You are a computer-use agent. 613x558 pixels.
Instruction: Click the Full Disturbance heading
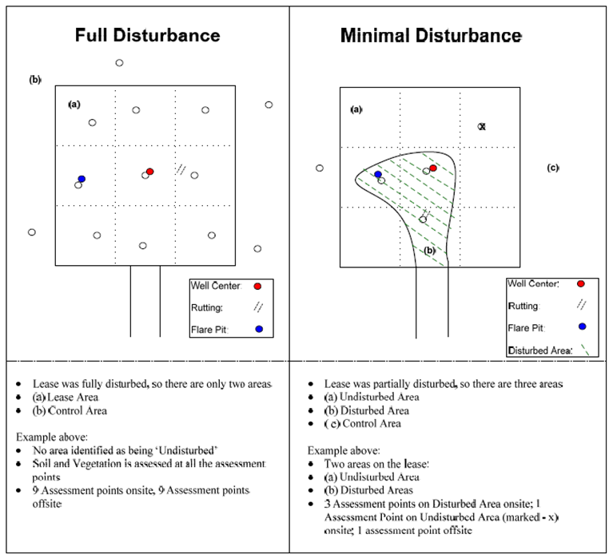pyautogui.click(x=147, y=36)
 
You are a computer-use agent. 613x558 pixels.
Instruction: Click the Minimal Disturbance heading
pyautogui.click(x=431, y=36)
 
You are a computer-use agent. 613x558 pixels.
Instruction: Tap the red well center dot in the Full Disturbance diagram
pyautogui.click(x=150, y=172)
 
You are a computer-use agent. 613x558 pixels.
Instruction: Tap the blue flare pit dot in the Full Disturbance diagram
pyautogui.click(x=82, y=179)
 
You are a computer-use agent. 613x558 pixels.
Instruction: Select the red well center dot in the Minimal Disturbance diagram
pyautogui.click(x=433, y=168)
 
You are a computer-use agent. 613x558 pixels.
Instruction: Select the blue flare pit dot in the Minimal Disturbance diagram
pyautogui.click(x=378, y=173)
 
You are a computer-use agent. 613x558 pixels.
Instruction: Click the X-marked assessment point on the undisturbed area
pyautogui.click(x=482, y=126)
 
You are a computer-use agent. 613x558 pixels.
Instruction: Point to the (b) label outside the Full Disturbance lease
pyautogui.click(x=35, y=80)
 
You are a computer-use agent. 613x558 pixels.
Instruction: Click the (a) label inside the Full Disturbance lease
pyautogui.click(x=74, y=104)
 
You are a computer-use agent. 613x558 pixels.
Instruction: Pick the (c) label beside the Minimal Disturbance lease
pyautogui.click(x=552, y=168)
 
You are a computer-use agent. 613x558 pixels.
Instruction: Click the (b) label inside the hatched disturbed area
pyautogui.click(x=429, y=250)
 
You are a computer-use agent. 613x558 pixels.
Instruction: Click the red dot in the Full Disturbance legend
pyautogui.click(x=257, y=286)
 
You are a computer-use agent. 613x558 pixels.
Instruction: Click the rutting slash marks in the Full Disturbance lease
pyautogui.click(x=181, y=169)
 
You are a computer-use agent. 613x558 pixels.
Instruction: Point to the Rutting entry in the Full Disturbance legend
pyautogui.click(x=207, y=307)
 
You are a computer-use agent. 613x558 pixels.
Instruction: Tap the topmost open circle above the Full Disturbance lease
pyautogui.click(x=119, y=62)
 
